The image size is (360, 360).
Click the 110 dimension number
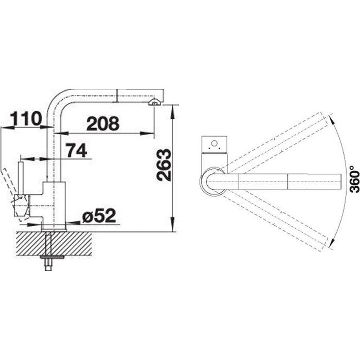point(26,118)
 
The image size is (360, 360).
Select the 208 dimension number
point(103,123)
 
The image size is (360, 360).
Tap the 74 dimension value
point(76,150)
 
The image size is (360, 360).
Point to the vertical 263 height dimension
point(164,165)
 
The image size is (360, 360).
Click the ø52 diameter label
point(99,216)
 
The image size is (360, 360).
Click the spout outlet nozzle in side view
point(154,102)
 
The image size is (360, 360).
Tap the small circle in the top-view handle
point(214,143)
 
